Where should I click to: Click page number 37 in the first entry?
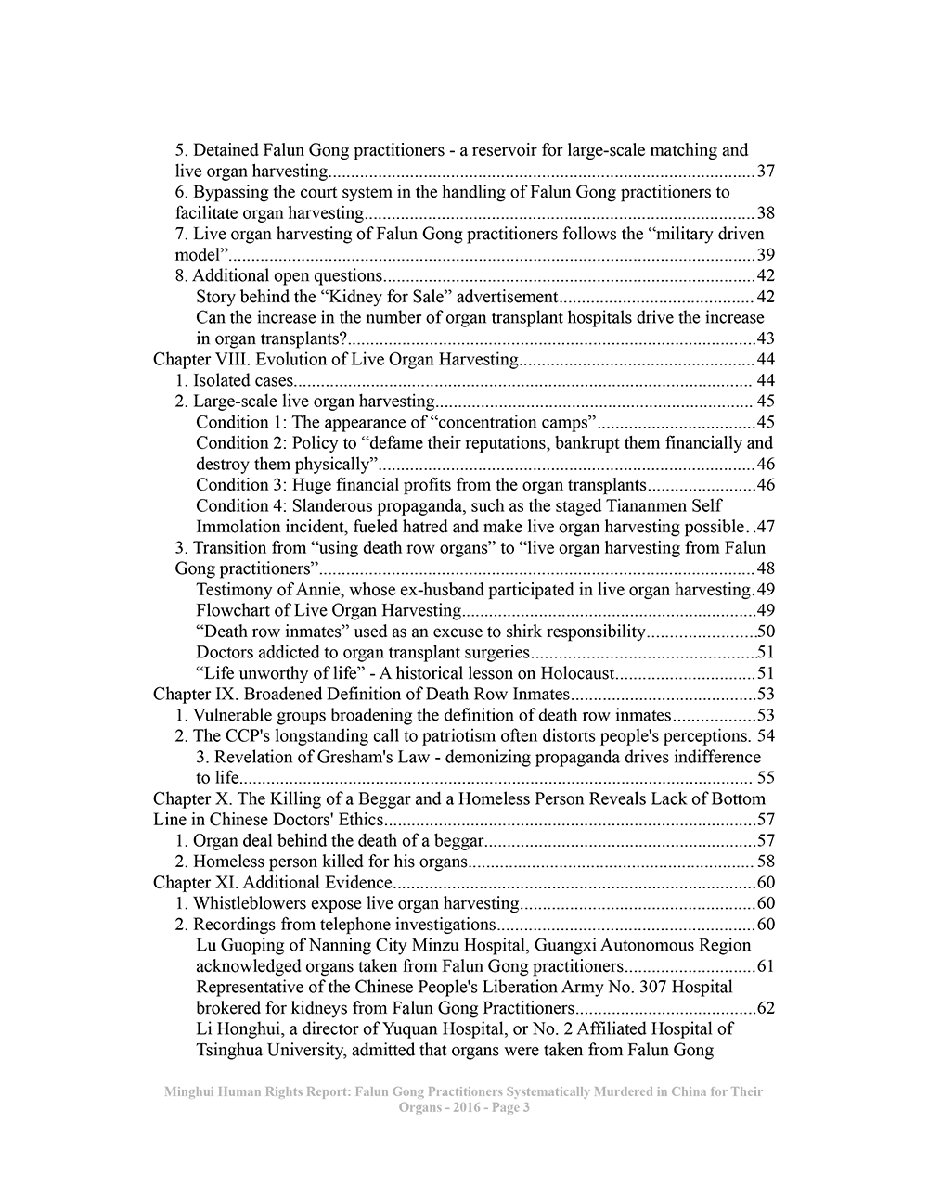pyautogui.click(x=766, y=172)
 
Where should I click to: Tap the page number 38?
pyautogui.click(x=766, y=213)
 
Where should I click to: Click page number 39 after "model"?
pyautogui.click(x=766, y=255)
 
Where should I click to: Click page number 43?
pyautogui.click(x=766, y=338)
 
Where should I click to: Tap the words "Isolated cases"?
pyautogui.click(x=243, y=380)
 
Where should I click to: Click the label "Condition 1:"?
pyautogui.click(x=241, y=422)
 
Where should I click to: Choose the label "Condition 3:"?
pyautogui.click(x=241, y=485)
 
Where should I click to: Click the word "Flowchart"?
pyautogui.click(x=232, y=610)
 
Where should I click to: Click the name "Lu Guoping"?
pyautogui.click(x=237, y=946)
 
